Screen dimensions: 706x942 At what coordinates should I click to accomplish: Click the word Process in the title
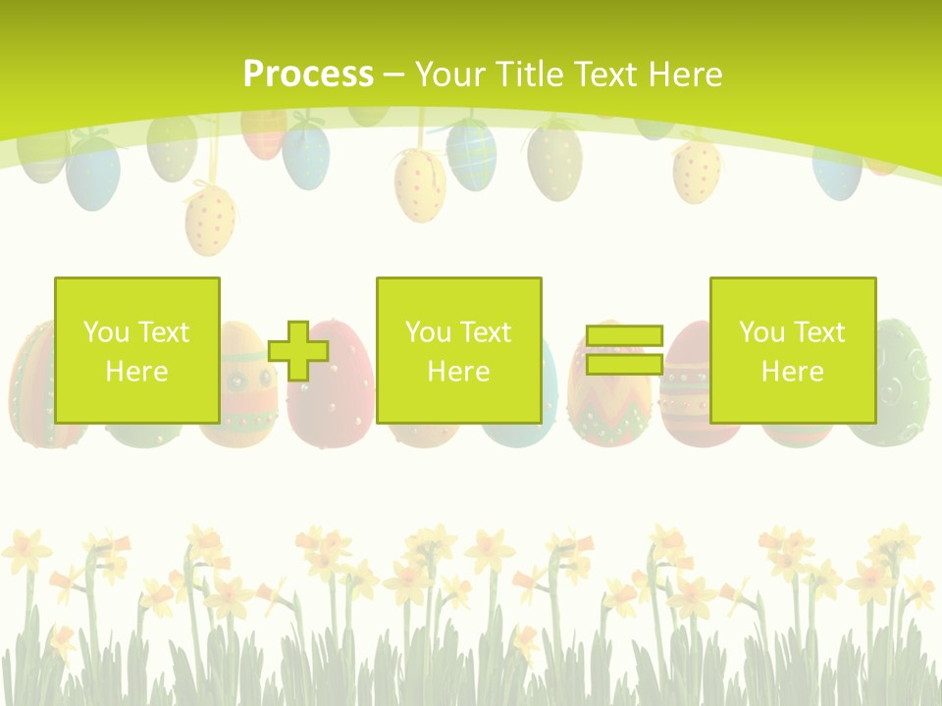point(308,74)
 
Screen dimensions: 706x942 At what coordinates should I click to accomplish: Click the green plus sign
point(298,351)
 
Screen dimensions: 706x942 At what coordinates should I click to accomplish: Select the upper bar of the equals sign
point(624,335)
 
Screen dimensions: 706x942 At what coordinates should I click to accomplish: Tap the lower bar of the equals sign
point(624,365)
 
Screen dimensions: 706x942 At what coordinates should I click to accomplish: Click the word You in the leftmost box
point(105,332)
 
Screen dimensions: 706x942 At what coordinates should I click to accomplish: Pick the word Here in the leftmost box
point(136,372)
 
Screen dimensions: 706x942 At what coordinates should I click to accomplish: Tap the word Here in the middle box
point(458,372)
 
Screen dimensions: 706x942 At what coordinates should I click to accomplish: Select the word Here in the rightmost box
point(792,372)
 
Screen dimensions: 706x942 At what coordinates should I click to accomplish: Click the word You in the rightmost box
point(761,332)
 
